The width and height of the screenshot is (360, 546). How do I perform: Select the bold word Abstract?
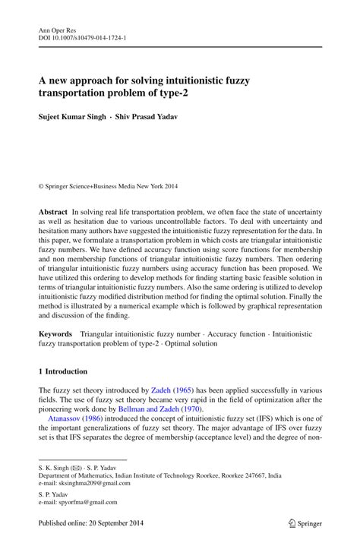pos(53,208)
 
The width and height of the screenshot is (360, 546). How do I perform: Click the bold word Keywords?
pos(56,333)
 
